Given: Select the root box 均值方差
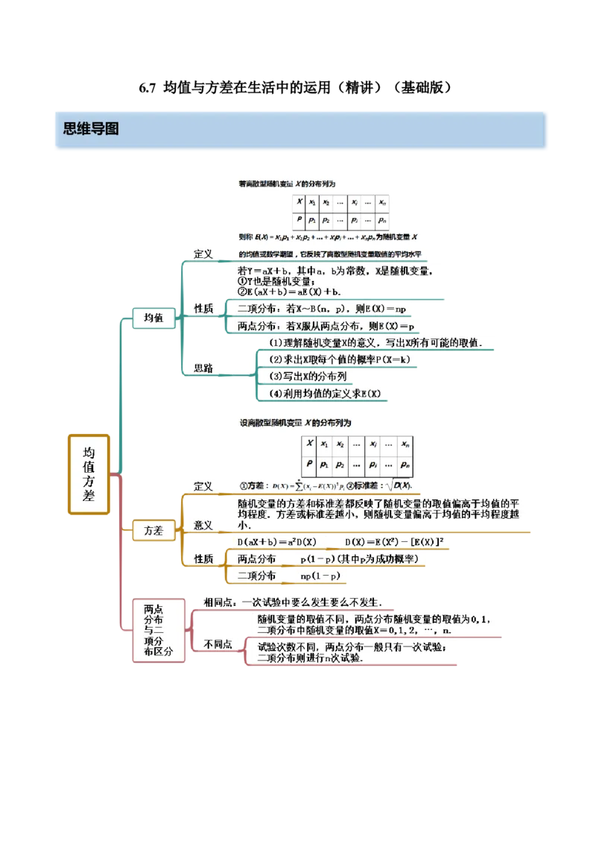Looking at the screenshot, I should click(x=89, y=473).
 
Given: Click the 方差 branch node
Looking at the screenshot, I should click(x=153, y=531).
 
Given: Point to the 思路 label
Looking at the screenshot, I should click(x=203, y=368).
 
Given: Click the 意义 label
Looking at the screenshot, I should click(x=203, y=525).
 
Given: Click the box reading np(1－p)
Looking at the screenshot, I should click(x=320, y=576).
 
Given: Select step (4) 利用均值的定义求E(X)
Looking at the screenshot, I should click(x=325, y=394).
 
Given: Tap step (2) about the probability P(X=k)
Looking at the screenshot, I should click(x=335, y=359).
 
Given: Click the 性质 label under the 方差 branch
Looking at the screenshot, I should click(x=203, y=558).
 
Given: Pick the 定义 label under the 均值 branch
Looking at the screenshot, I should click(x=203, y=253).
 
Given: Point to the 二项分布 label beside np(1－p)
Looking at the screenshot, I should click(x=256, y=576).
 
